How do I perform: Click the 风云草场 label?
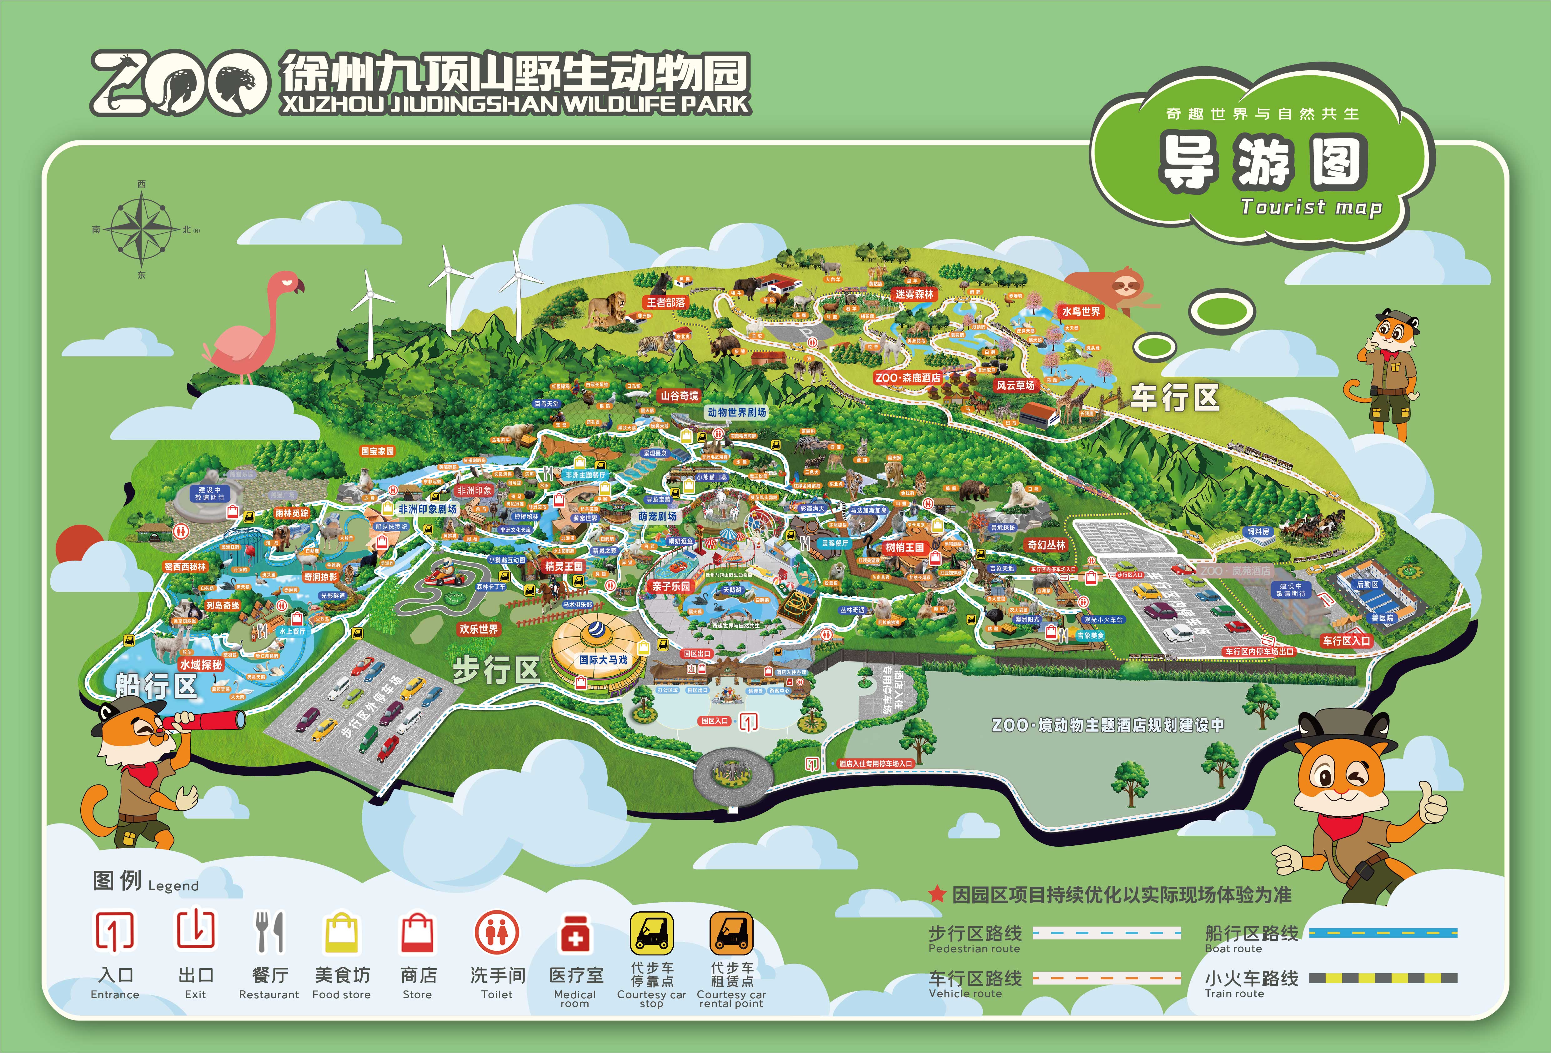click(x=1015, y=385)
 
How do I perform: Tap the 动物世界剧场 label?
click(x=737, y=413)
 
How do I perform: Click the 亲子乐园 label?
click(x=671, y=586)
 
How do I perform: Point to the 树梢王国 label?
click(x=905, y=547)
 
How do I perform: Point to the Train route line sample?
click(x=1383, y=978)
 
